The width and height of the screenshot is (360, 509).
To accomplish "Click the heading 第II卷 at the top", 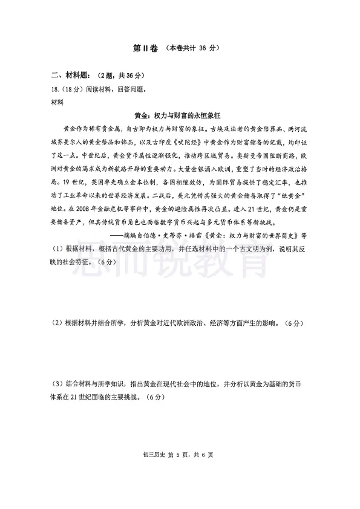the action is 143,48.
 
